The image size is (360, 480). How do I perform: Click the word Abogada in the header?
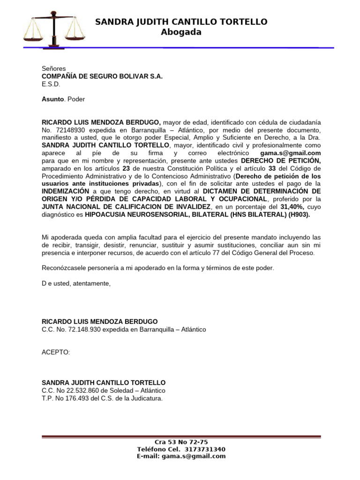pos(181,32)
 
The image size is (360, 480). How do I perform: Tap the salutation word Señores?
pos(54,68)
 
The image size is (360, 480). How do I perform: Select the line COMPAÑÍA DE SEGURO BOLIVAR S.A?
pos(102,76)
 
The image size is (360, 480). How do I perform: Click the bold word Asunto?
pos(52,99)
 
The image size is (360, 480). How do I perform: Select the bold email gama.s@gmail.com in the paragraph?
pos(291,153)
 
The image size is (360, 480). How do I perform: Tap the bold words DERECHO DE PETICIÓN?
pos(281,161)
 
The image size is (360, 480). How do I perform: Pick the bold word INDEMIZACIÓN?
pos(65,191)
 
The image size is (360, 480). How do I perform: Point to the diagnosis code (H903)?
pos(299,214)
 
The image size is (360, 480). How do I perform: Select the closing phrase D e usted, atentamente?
pos(76,284)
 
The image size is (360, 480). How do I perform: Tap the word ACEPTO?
pos(55,352)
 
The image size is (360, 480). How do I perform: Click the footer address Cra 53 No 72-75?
pos(181,442)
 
